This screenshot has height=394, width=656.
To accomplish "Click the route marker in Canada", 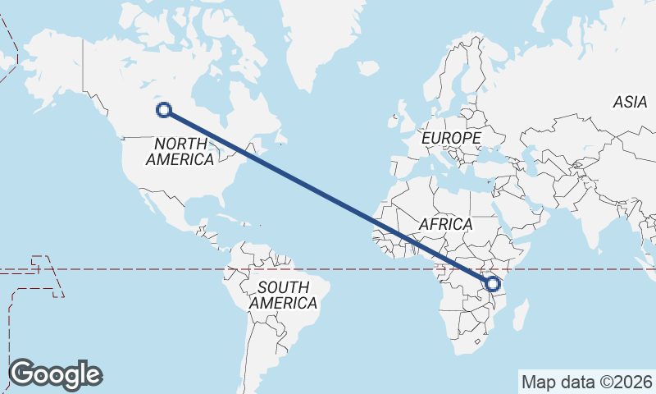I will tap(163, 109).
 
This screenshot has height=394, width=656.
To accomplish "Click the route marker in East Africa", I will tap(492, 284).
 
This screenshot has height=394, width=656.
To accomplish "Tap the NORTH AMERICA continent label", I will tap(180, 151).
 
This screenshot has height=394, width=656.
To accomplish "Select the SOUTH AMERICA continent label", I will tap(284, 295).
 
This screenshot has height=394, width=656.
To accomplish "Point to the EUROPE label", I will tap(451, 138).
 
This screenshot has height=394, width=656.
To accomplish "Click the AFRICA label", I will tap(445, 224).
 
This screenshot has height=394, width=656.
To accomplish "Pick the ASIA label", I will tap(630, 102).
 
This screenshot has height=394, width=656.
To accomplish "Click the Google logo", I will tap(56, 374).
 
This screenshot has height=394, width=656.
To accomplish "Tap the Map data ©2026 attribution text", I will tap(586, 382).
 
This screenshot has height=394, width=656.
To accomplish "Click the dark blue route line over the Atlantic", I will tap(320, 190).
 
